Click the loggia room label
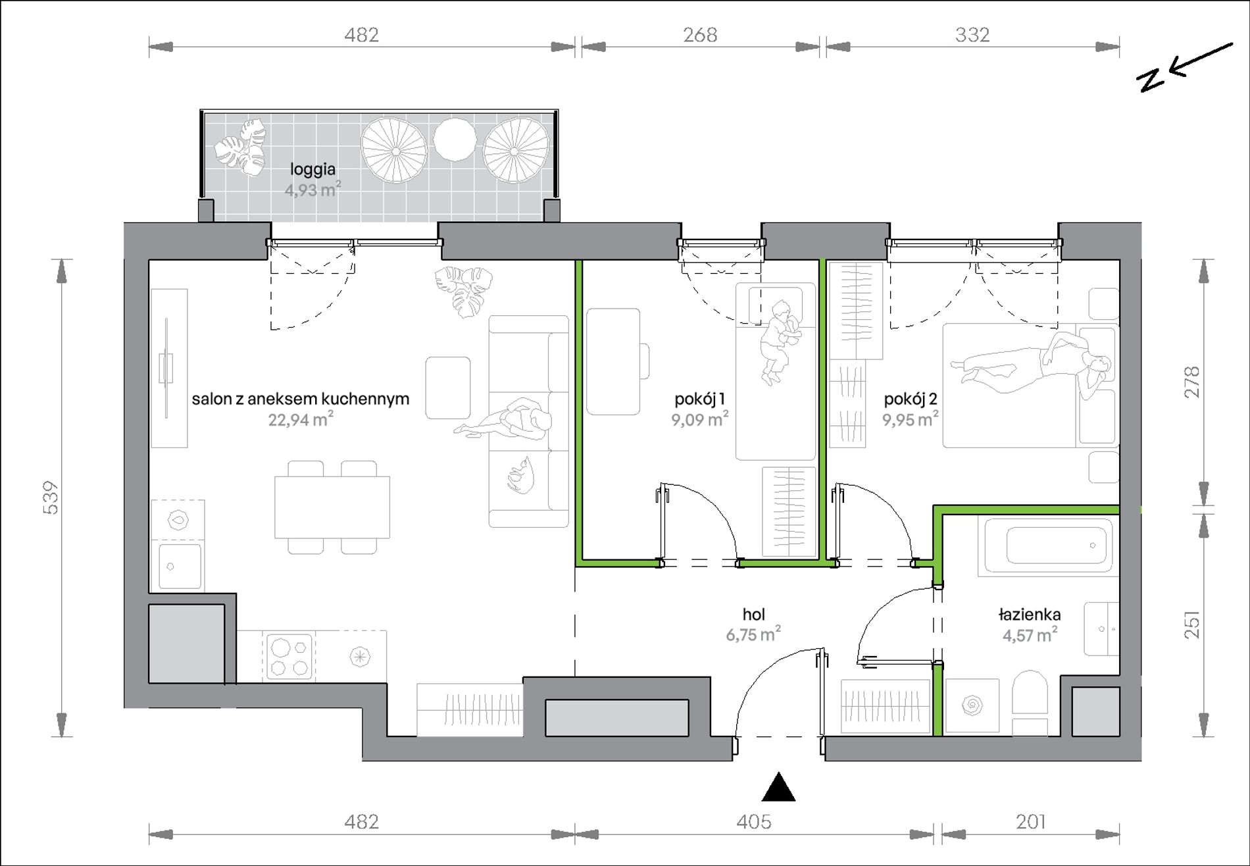[x=313, y=170]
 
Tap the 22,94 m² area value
[x=301, y=419]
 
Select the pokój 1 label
[x=700, y=399]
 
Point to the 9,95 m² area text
[x=911, y=419]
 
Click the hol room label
[x=753, y=614]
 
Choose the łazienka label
[x=1030, y=615]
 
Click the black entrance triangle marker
[x=778, y=786]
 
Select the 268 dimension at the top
[x=700, y=34]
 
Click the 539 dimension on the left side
[x=52, y=497]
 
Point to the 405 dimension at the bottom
[x=754, y=821]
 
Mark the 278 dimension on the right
[x=1191, y=382]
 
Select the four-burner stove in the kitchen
[x=289, y=655]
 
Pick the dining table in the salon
[x=332, y=507]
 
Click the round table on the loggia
[x=454, y=139]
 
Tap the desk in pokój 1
[x=613, y=361]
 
